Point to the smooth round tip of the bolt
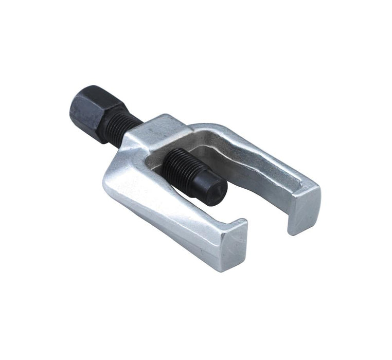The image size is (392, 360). click(x=211, y=188)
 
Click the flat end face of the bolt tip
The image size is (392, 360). click(x=218, y=193)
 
